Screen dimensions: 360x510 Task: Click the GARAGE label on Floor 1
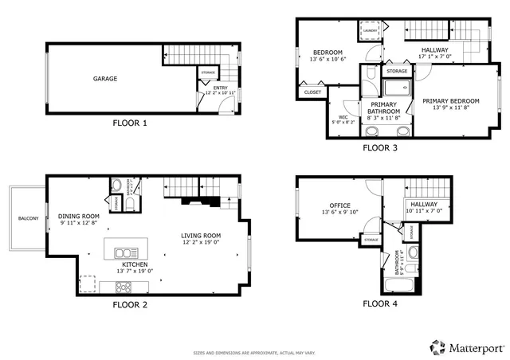105,79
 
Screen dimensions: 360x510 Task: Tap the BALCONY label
28,218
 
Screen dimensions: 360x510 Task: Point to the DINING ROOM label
78,217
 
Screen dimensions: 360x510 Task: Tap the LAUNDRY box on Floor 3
369,31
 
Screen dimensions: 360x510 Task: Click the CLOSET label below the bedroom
312,92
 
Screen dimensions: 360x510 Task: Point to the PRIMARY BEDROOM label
451,101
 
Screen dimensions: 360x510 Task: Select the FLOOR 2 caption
131,304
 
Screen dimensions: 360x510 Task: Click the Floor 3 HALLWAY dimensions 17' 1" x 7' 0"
435,57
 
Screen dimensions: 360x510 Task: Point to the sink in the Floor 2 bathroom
116,186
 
